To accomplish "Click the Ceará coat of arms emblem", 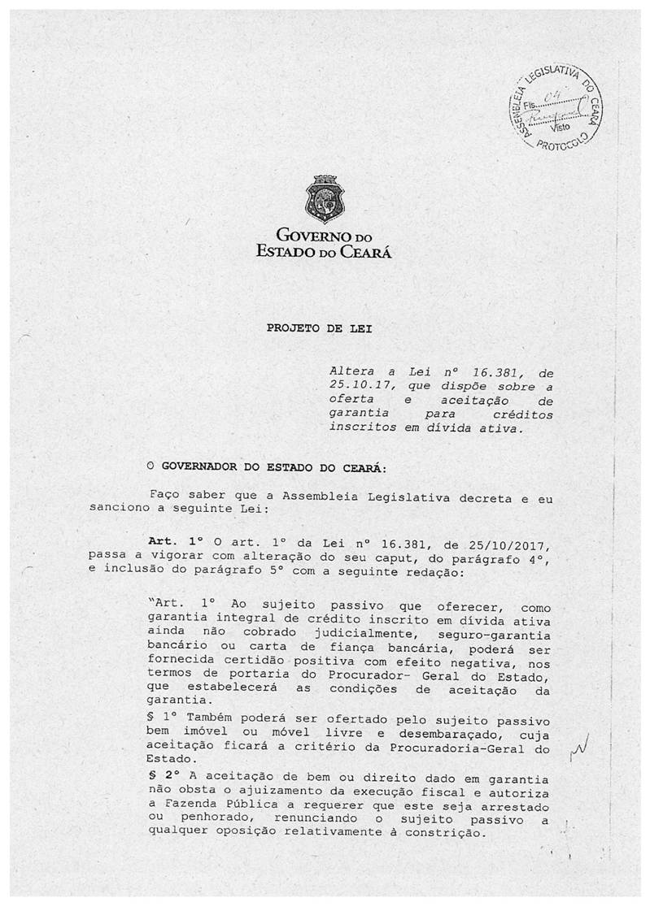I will [x=324, y=199].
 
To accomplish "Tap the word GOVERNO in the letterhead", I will [x=312, y=237].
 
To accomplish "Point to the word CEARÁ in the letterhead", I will [x=366, y=252].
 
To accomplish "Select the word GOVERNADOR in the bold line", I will [x=202, y=467].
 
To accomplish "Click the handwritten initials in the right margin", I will [x=579, y=742].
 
